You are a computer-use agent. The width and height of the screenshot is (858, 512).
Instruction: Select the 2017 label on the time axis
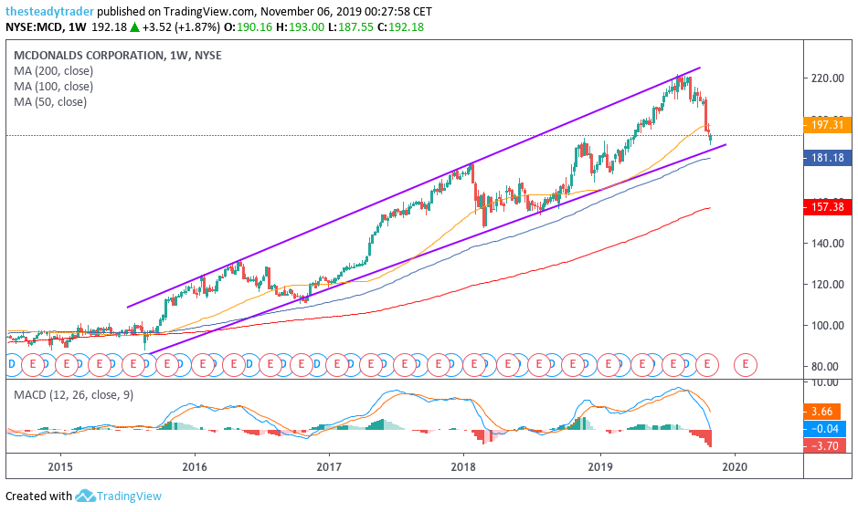[x=329, y=466]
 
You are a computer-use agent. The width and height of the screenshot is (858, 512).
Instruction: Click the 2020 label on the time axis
[x=735, y=466]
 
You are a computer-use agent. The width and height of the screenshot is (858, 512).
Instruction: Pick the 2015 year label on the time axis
[x=60, y=466]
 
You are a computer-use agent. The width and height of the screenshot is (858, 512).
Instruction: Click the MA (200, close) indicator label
[x=54, y=70]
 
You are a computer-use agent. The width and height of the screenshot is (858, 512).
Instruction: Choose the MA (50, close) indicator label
[x=50, y=101]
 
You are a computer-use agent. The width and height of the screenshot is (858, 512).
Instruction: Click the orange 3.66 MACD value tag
[x=823, y=412]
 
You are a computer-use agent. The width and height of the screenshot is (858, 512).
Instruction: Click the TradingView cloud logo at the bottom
[x=86, y=496]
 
